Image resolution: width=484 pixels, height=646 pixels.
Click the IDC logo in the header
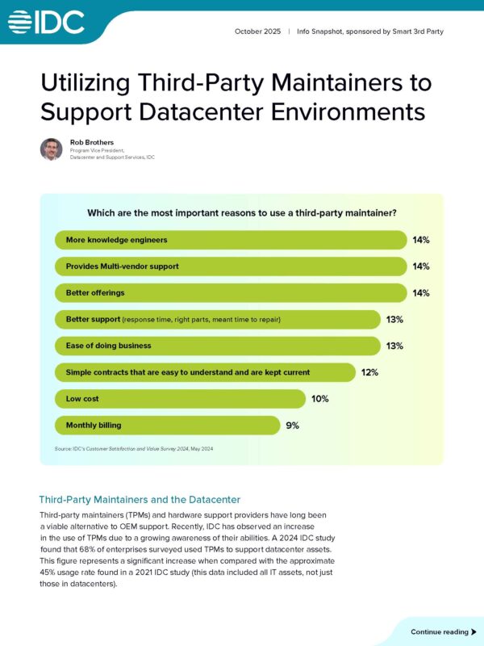click(46, 22)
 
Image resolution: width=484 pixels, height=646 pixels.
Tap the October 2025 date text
click(258, 31)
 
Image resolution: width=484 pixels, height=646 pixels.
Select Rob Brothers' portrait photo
click(52, 149)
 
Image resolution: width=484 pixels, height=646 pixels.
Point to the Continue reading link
click(439, 631)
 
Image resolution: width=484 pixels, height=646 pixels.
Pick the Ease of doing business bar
click(217, 346)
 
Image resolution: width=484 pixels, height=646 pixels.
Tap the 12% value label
click(369, 372)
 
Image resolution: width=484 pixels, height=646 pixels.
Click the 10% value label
click(320, 399)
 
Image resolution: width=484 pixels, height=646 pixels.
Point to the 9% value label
click(291, 426)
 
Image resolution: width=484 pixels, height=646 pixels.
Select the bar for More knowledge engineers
click(231, 240)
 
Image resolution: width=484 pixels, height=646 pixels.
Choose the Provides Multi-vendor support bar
click(231, 266)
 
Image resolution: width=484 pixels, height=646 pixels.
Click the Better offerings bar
click(231, 293)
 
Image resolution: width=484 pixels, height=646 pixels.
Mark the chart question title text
click(242, 214)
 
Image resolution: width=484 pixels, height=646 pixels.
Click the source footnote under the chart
click(134, 449)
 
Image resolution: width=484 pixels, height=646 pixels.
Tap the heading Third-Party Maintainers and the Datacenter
click(140, 500)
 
